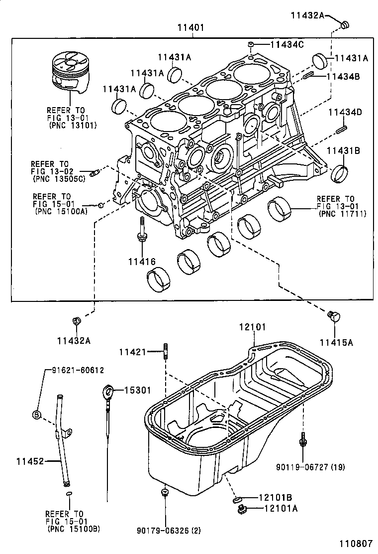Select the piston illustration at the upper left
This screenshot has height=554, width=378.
coord(71,73)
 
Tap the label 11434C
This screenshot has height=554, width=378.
coord(286,45)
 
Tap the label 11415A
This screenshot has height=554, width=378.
coord(336,342)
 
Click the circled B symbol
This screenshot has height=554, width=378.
coord(36,414)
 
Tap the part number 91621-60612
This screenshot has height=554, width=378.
coord(78,370)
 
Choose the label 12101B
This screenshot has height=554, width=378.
coord(275,497)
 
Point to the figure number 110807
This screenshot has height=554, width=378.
coord(356,545)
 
